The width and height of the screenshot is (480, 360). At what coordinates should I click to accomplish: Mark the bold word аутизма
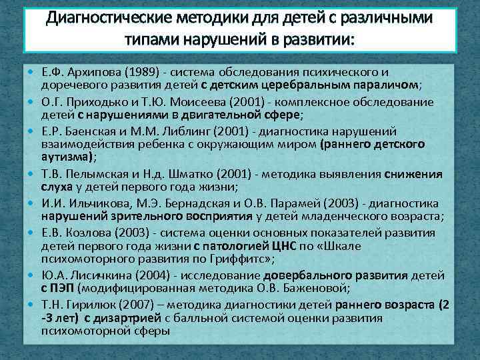[x=67, y=157]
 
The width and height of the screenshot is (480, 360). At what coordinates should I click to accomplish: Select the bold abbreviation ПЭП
[x=63, y=288]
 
